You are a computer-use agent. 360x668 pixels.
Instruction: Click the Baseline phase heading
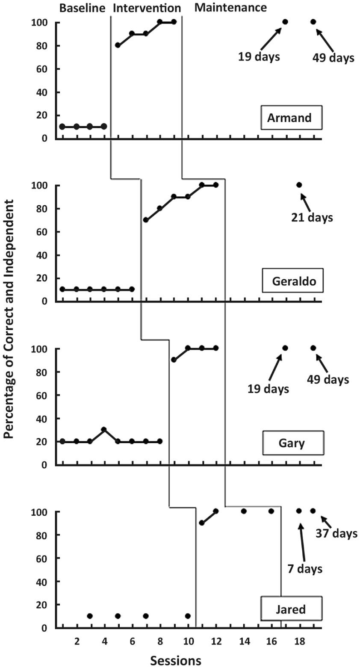[x=82, y=8]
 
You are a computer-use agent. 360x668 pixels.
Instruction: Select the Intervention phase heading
[x=147, y=8]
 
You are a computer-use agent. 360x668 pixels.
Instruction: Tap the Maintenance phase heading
[x=230, y=7]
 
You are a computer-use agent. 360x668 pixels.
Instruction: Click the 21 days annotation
[x=311, y=218]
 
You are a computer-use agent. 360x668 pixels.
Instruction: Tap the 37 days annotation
[x=336, y=533]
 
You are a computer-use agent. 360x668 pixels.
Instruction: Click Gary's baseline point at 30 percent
[x=104, y=429]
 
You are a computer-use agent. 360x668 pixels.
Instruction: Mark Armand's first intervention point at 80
[x=118, y=45]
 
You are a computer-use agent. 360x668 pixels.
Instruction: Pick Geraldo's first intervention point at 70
[x=146, y=220]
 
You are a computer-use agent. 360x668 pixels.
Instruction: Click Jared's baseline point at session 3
[x=90, y=616]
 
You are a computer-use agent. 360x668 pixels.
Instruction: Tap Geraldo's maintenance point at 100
[x=299, y=185]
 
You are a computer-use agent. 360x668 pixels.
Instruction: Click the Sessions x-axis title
[x=175, y=660]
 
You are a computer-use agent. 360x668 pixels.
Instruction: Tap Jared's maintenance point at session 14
[x=244, y=511]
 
